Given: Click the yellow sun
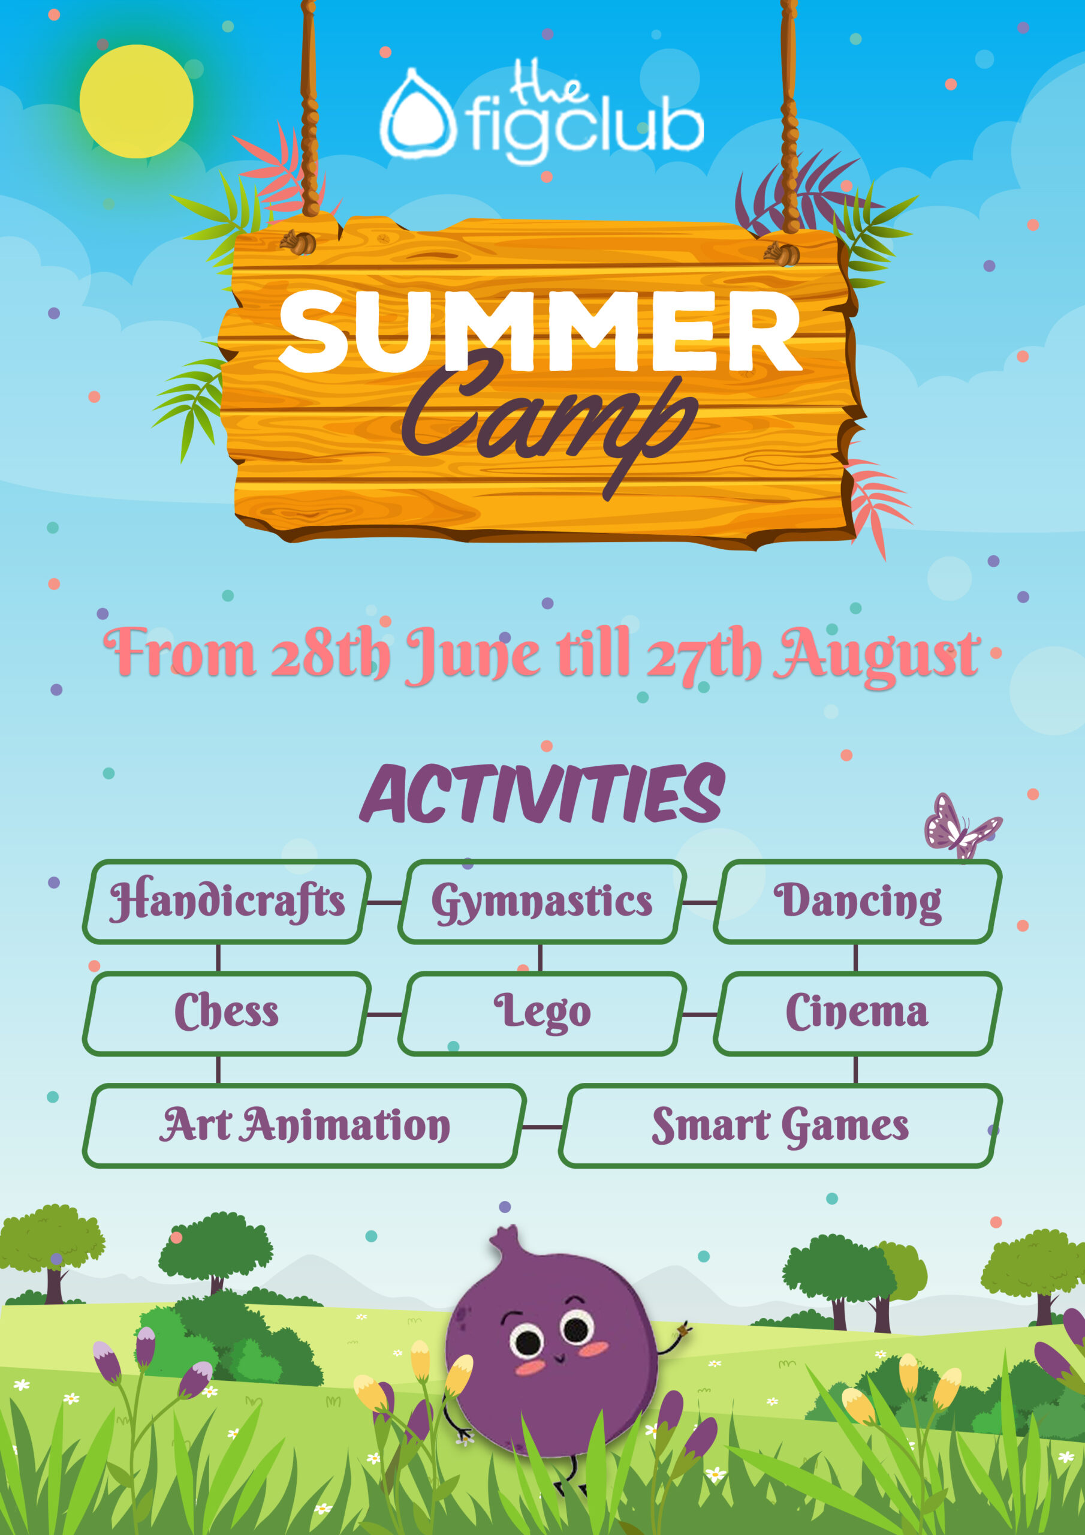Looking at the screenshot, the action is [137, 101].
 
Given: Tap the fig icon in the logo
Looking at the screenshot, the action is [418, 115].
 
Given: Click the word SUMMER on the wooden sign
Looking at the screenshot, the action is [540, 332].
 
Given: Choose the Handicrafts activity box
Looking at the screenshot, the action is [227, 902].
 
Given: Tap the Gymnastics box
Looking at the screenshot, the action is [542, 902].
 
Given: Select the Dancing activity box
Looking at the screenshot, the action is [858, 902].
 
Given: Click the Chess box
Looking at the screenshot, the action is [227, 1013].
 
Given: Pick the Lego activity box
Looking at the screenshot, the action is [542, 1013].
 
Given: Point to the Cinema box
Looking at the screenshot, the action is [858, 1013].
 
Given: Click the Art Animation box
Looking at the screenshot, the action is [304, 1126].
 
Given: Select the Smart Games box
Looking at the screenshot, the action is [780, 1126].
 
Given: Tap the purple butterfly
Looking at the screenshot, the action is [962, 826].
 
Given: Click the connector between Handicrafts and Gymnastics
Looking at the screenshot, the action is [384, 902].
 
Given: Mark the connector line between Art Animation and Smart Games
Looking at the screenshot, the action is [542, 1127].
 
